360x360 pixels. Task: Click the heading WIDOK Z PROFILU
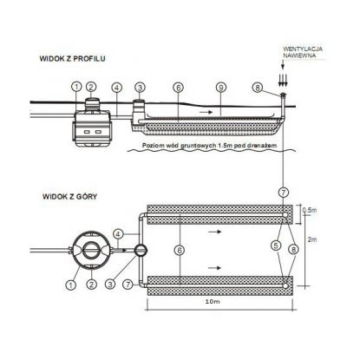[72, 59]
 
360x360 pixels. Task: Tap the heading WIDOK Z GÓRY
[69, 197]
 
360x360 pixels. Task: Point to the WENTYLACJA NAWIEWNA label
[303, 52]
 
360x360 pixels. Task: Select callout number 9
[221, 88]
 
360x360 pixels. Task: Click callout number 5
[276, 245]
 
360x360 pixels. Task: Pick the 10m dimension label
[213, 302]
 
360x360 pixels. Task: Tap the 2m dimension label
[312, 239]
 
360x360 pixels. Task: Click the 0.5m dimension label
[310, 210]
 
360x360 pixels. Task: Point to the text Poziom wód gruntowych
[179, 146]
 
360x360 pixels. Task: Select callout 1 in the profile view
[76, 87]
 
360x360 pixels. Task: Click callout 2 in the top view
[91, 285]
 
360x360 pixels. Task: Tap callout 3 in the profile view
[140, 88]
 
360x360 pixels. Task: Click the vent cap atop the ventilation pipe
[282, 95]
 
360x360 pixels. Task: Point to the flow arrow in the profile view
[206, 112]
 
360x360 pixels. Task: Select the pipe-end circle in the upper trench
[285, 215]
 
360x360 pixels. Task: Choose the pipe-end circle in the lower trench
[285, 285]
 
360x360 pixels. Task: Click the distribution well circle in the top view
[141, 251]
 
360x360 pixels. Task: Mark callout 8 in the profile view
[258, 88]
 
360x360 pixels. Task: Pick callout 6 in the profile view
[179, 88]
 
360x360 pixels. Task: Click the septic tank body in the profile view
[91, 128]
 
